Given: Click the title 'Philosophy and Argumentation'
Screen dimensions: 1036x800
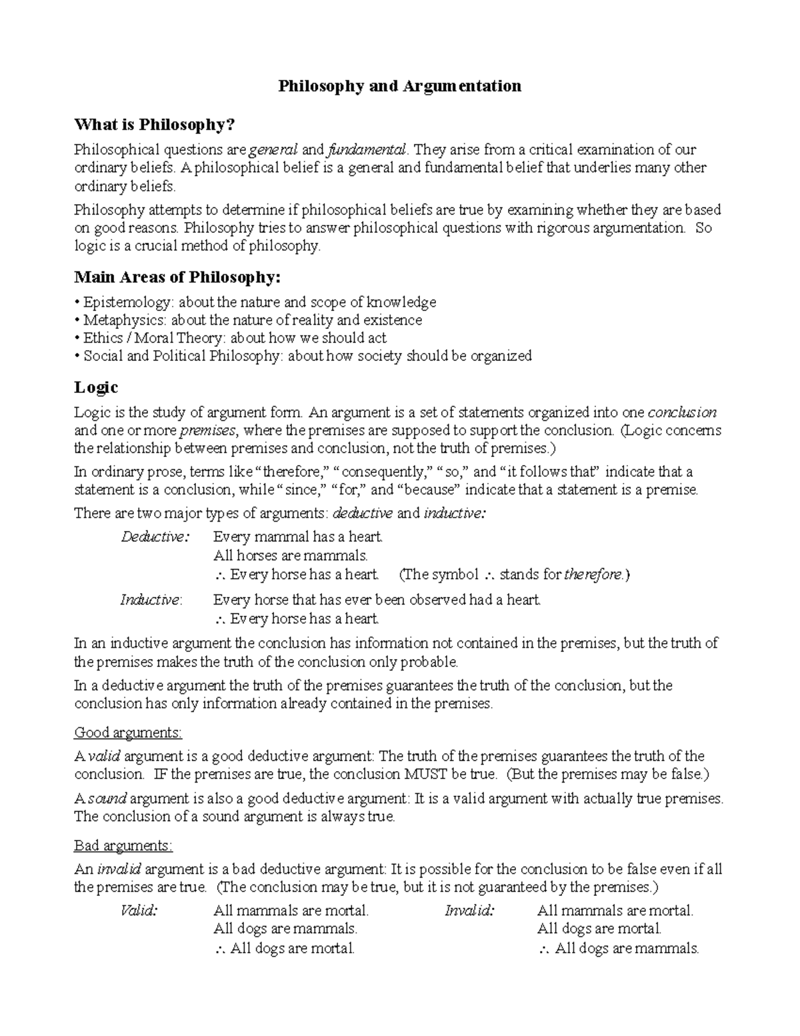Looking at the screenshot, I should (x=399, y=86).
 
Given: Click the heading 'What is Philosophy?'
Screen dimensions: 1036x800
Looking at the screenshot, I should (x=155, y=125).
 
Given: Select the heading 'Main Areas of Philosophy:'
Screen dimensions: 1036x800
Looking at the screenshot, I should (x=178, y=277).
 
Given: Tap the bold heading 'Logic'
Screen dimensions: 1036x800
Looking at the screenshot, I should (x=96, y=388).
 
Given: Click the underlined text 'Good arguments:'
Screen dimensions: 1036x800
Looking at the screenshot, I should (x=128, y=732).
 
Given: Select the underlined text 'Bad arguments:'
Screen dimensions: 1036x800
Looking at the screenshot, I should (x=123, y=846).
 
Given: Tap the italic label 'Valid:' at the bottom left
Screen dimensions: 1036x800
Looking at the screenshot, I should (x=139, y=911).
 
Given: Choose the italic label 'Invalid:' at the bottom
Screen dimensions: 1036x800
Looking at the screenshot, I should (x=469, y=911).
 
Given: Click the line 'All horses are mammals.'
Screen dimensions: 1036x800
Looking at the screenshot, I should (x=290, y=555).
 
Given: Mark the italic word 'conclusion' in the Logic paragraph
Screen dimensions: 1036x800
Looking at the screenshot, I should (x=682, y=412).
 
